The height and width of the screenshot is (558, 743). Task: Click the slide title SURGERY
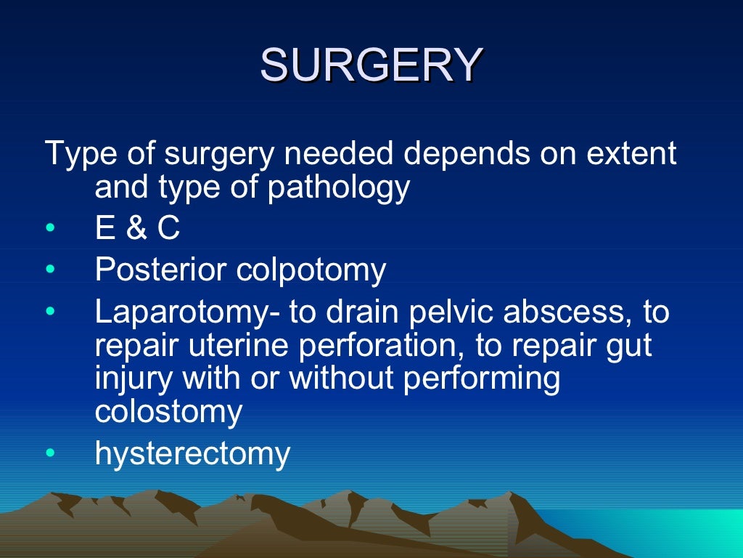point(371,65)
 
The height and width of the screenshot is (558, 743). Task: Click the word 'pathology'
point(340,189)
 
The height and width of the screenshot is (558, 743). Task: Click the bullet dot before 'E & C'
point(49,230)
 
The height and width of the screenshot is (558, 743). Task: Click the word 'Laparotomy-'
point(187,312)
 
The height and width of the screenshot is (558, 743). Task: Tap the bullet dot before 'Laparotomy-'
point(49,312)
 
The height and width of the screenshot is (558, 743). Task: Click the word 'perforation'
point(371,346)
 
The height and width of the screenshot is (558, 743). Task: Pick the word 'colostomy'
point(168,412)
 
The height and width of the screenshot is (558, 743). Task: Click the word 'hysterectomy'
point(192,454)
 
